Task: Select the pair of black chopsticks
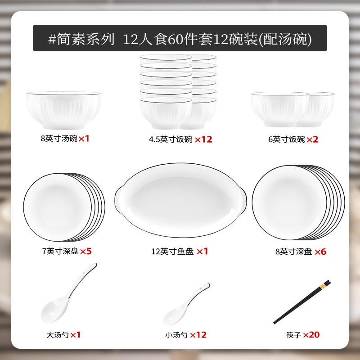click(x=302, y=302)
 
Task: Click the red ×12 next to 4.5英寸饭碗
click(x=203, y=139)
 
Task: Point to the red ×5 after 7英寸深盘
click(x=85, y=251)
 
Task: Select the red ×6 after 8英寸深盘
click(x=320, y=252)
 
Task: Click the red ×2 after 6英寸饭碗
click(x=312, y=139)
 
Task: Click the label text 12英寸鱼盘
click(x=172, y=252)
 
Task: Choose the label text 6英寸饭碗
click(x=287, y=139)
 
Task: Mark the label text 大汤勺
click(x=56, y=334)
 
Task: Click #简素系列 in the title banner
click(x=81, y=38)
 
